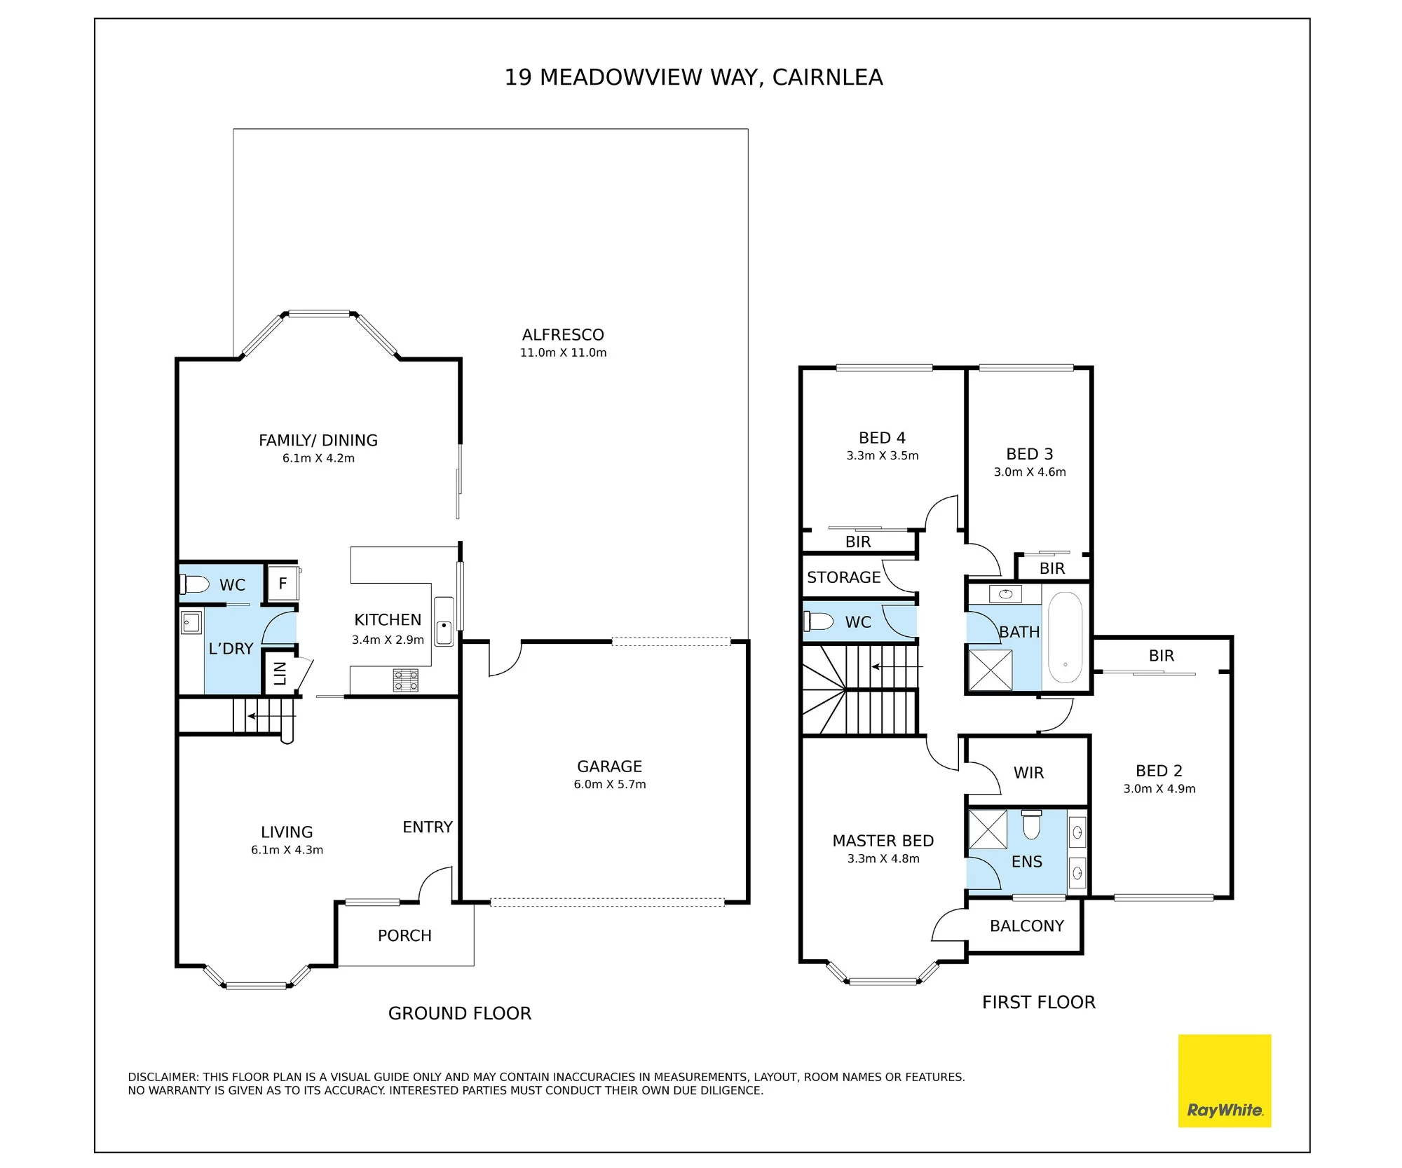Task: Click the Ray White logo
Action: [1224, 1080]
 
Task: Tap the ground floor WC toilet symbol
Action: [195, 584]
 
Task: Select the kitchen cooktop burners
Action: [405, 680]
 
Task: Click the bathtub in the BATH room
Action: [1065, 637]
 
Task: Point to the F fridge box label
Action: [283, 583]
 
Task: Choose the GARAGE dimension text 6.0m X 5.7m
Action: [610, 784]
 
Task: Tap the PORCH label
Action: [404, 935]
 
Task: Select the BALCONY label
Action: [1027, 926]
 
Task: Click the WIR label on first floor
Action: [1028, 772]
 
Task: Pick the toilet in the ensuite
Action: [1031, 824]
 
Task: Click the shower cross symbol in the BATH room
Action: [990, 670]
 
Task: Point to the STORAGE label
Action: [843, 577]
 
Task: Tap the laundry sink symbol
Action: [191, 622]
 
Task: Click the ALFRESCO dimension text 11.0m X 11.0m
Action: [563, 352]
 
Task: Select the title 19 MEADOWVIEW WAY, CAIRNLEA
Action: [693, 77]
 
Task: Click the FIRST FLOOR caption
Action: [1038, 1002]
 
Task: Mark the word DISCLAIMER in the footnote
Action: [163, 1077]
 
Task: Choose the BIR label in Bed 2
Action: [1161, 656]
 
